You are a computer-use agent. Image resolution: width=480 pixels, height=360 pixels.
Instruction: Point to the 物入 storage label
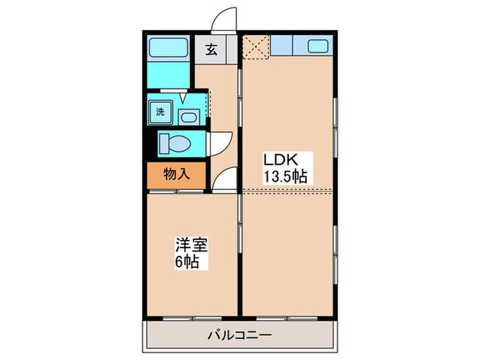pos(176,174)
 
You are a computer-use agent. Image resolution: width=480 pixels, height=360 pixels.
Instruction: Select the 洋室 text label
pos(191,245)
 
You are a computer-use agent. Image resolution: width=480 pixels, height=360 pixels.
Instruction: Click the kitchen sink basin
pos(318,47)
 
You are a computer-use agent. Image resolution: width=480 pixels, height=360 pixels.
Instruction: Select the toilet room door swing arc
pos(221,143)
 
